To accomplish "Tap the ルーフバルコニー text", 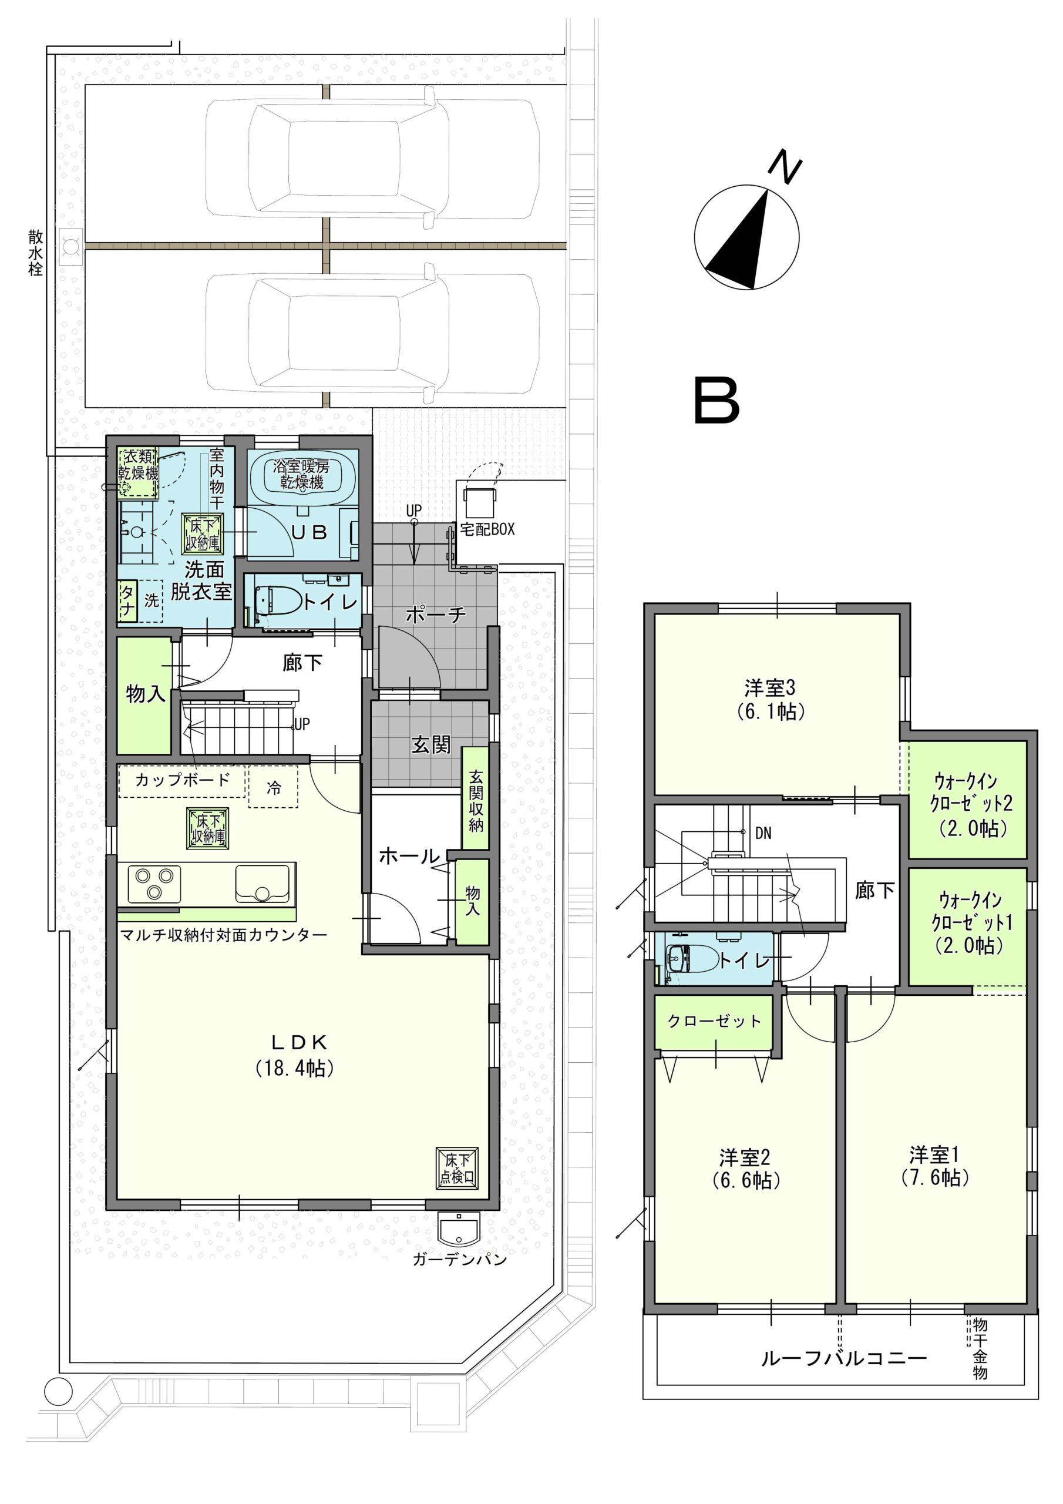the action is (843, 1358).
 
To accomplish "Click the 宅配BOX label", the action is (487, 529).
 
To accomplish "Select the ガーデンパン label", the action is (460, 1260).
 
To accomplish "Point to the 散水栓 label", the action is (35, 251).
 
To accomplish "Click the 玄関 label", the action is (430, 745).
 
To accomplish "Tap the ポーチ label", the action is (436, 614).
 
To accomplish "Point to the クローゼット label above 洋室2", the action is (715, 1020).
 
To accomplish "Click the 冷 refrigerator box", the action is (274, 787).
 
